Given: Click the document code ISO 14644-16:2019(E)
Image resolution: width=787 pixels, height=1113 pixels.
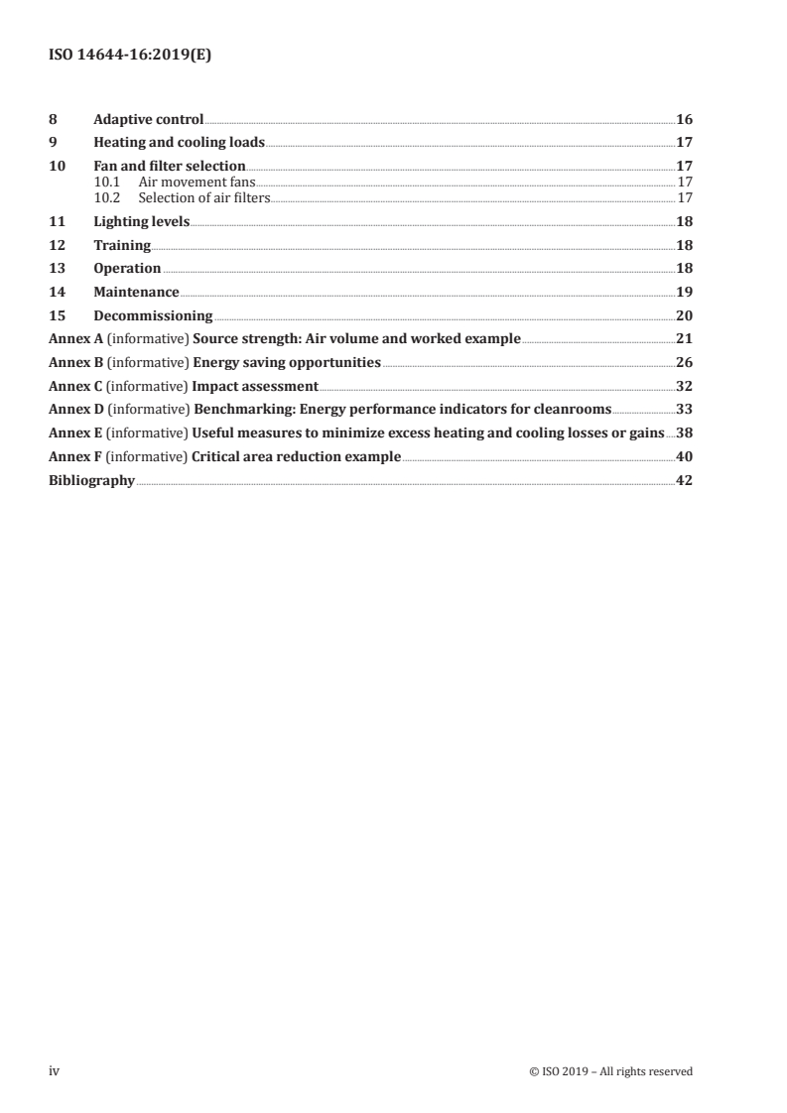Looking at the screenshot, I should pyautogui.click(x=130, y=57).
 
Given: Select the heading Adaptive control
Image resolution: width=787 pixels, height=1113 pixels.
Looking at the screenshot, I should pyautogui.click(x=148, y=119).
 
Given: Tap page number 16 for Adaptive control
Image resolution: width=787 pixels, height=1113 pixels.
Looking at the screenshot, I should pyautogui.click(x=684, y=119).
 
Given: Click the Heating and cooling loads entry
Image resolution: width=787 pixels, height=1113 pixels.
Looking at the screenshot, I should pyautogui.click(x=179, y=142).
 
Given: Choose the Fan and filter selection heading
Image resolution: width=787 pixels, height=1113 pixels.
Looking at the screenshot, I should pyautogui.click(x=169, y=166).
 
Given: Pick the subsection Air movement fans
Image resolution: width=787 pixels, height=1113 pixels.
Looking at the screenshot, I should pyautogui.click(x=197, y=183).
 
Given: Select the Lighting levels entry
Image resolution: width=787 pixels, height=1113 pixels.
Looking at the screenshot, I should pyautogui.click(x=141, y=222).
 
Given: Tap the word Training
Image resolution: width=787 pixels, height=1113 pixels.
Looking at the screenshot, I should pyautogui.click(x=122, y=245).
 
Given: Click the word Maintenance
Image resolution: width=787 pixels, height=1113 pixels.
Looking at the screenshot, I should pyautogui.click(x=136, y=293).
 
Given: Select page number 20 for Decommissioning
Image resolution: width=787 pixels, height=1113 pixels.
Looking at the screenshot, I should pyautogui.click(x=684, y=316).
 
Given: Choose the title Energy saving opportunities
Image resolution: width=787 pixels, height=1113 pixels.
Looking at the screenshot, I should pyautogui.click(x=287, y=363).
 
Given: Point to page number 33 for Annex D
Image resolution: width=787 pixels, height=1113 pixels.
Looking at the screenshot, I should pyautogui.click(x=684, y=410).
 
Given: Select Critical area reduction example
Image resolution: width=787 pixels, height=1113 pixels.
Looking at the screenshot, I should pyautogui.click(x=297, y=457).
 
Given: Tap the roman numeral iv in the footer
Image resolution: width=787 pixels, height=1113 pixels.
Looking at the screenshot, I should pyautogui.click(x=55, y=1071).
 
